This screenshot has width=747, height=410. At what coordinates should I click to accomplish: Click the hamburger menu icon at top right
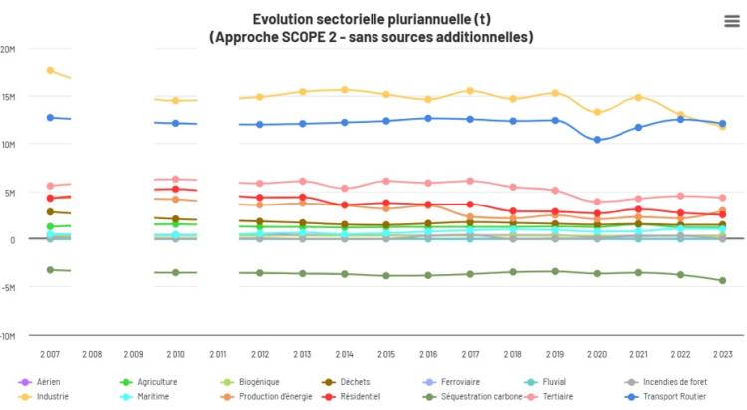pyautogui.click(x=731, y=22)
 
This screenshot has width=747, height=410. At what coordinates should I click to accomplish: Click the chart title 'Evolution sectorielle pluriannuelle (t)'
pyautogui.click(x=371, y=19)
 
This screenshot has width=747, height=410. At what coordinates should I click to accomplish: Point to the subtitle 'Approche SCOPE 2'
pyautogui.click(x=371, y=37)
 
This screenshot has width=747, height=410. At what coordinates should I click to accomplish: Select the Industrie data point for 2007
pyautogui.click(x=50, y=70)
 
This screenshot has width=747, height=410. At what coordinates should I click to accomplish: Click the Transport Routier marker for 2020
pyautogui.click(x=598, y=140)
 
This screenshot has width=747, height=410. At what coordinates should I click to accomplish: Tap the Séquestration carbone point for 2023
pyautogui.click(x=723, y=281)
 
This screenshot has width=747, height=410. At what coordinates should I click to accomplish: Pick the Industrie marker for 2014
pyautogui.click(x=345, y=90)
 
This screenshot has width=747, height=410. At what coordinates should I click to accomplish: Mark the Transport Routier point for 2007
pyautogui.click(x=50, y=117)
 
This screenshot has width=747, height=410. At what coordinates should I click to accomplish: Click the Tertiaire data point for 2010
pyautogui.click(x=176, y=180)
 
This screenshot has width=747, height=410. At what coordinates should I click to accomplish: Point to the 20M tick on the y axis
pyautogui.click(x=8, y=49)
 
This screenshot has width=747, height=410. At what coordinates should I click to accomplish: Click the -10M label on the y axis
pyautogui.click(x=8, y=336)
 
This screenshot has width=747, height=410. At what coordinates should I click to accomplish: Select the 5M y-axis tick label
pyautogui.click(x=8, y=193)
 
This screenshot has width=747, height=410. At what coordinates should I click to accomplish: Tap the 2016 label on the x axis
pyautogui.click(x=428, y=355)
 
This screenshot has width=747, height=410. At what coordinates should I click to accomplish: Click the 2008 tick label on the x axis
pyautogui.click(x=92, y=355)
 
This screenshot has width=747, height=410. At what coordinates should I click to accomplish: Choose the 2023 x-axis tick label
pyautogui.click(x=723, y=355)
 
